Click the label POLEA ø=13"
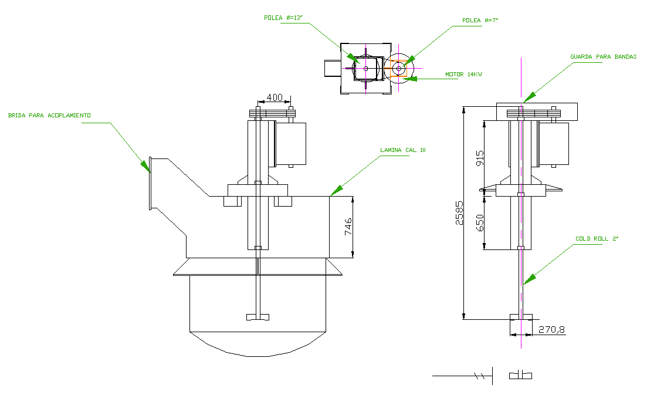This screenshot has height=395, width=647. coord(282,18)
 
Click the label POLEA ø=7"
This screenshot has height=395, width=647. coord(480,21)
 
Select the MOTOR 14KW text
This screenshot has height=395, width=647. coord(463,75)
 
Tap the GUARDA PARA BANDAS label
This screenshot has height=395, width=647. coord(603,57)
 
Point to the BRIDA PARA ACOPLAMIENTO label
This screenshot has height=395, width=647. coord(49,116)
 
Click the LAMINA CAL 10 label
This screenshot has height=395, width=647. coord(403,150)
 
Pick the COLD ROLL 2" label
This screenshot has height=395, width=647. coord(597,239)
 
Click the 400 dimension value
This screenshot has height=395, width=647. coord(275,97)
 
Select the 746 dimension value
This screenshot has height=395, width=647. coord(348,227)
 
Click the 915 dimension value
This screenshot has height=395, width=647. coord(480,157)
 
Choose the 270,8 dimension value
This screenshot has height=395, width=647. coord(551,329)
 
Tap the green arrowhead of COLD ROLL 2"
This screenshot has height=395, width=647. coord(526,279)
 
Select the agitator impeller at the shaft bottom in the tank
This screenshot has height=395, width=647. coord(258,317)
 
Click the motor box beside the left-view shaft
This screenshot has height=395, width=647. coord(292,143)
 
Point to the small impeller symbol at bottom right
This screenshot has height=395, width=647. coord(520,375)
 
